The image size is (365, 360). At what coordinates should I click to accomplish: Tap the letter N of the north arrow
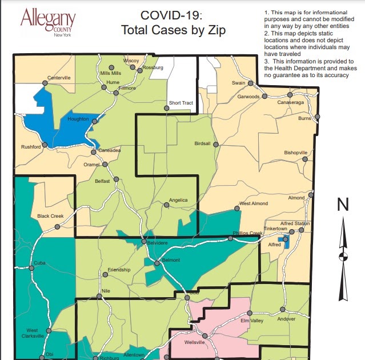(x=343, y=205)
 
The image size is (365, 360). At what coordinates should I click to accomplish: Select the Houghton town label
(x=78, y=119)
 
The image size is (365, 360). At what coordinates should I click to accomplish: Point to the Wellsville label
(x=198, y=343)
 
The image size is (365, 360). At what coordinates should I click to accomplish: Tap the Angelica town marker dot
(x=166, y=206)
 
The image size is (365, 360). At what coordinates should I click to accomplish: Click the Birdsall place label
(x=203, y=143)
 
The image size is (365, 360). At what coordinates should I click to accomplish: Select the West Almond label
(x=253, y=203)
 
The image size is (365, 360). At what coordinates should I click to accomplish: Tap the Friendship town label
(x=119, y=269)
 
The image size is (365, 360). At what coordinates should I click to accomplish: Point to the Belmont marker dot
(x=157, y=263)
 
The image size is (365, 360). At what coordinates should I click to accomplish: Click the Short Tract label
(x=181, y=103)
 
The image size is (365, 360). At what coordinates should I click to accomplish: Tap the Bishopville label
(x=295, y=153)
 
